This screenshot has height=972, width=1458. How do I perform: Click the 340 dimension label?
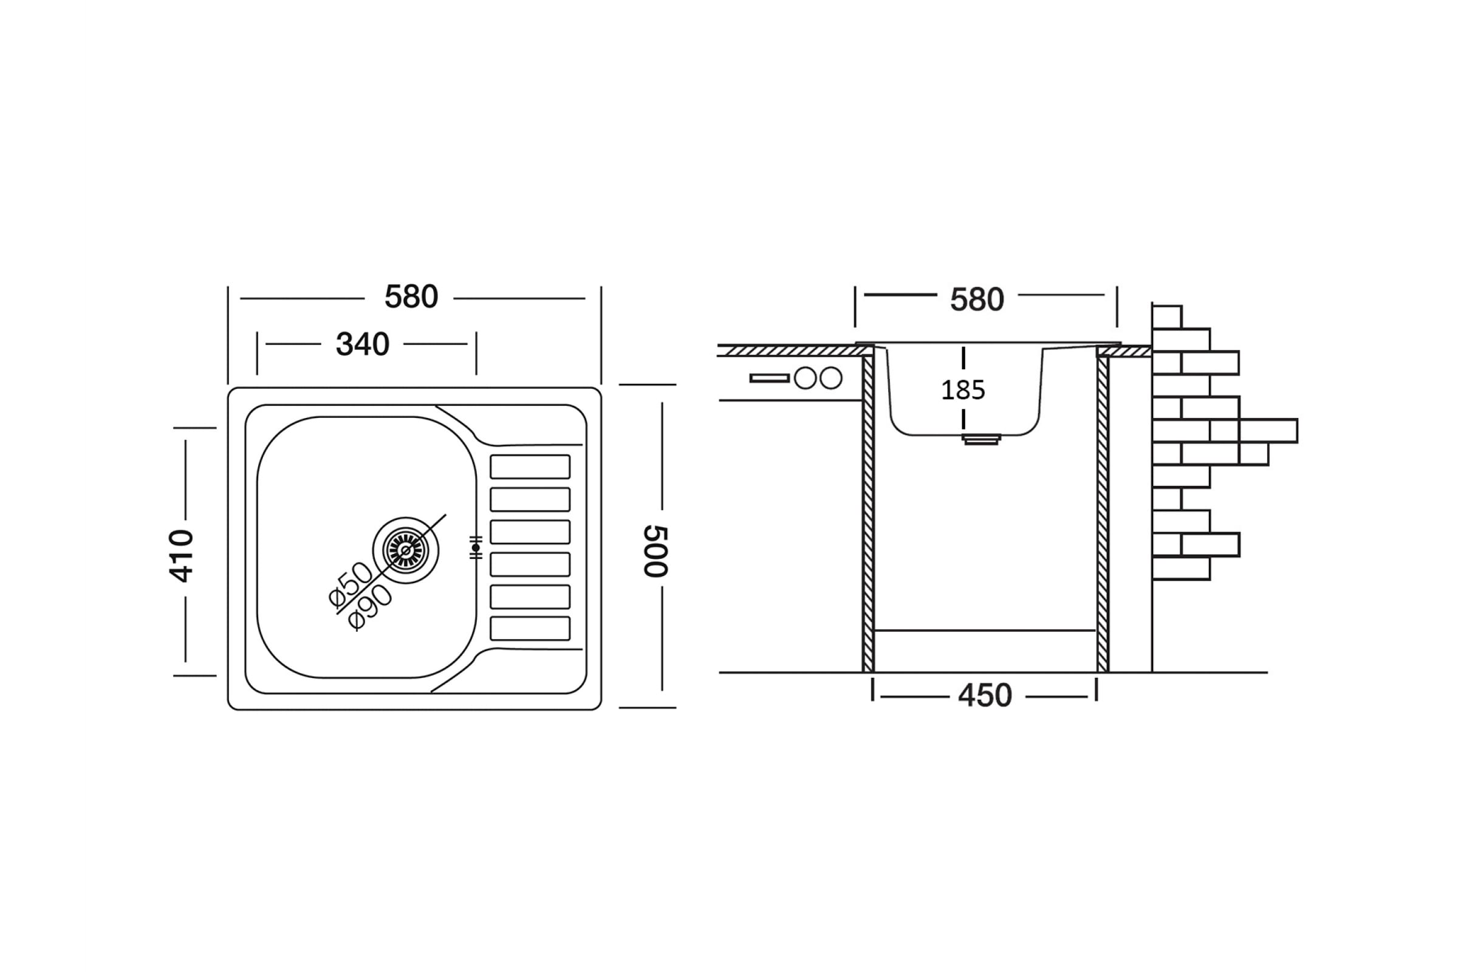tap(363, 344)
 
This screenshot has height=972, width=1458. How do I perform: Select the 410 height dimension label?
tap(181, 555)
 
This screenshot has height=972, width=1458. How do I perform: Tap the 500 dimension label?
tap(655, 551)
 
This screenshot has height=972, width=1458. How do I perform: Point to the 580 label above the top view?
tap(411, 297)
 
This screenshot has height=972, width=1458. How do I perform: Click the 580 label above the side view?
tap(977, 299)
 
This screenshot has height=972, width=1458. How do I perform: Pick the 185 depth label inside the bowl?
tap(963, 391)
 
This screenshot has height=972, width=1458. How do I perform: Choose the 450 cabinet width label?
tap(985, 696)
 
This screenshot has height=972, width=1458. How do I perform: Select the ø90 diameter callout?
tap(370, 607)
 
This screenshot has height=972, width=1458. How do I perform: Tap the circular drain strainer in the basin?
tap(406, 550)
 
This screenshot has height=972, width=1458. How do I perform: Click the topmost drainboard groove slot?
tap(530, 467)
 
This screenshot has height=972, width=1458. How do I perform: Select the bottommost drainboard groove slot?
tap(530, 628)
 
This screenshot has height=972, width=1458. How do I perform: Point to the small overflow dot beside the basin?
tap(476, 548)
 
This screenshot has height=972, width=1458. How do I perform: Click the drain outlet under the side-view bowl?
tap(981, 439)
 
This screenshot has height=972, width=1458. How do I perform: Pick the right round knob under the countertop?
tap(830, 378)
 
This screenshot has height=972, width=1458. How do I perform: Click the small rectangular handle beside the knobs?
tap(769, 378)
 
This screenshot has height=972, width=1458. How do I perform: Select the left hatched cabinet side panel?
tap(868, 512)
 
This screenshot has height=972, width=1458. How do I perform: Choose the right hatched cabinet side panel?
tap(1102, 512)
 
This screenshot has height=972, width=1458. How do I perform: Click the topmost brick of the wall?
tap(1166, 317)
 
